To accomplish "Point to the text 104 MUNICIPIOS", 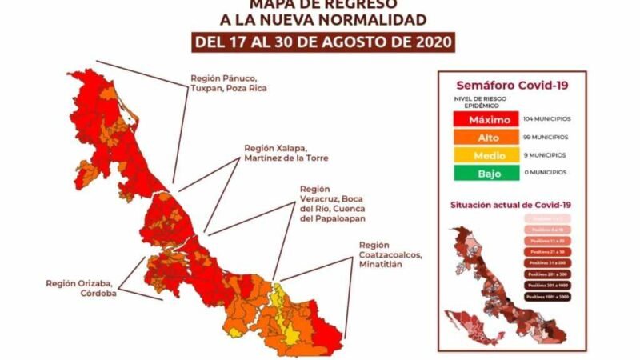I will click(546, 119).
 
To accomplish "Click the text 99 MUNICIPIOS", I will click(545, 137).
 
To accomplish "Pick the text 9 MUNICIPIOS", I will click(543, 154).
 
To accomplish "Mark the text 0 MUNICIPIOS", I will click(543, 172).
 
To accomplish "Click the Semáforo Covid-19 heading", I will click(511, 85).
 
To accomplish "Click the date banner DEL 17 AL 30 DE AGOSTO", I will click(323, 40).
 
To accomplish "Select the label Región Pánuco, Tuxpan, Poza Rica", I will click(228, 83).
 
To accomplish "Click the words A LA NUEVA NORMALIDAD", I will click(324, 19).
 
